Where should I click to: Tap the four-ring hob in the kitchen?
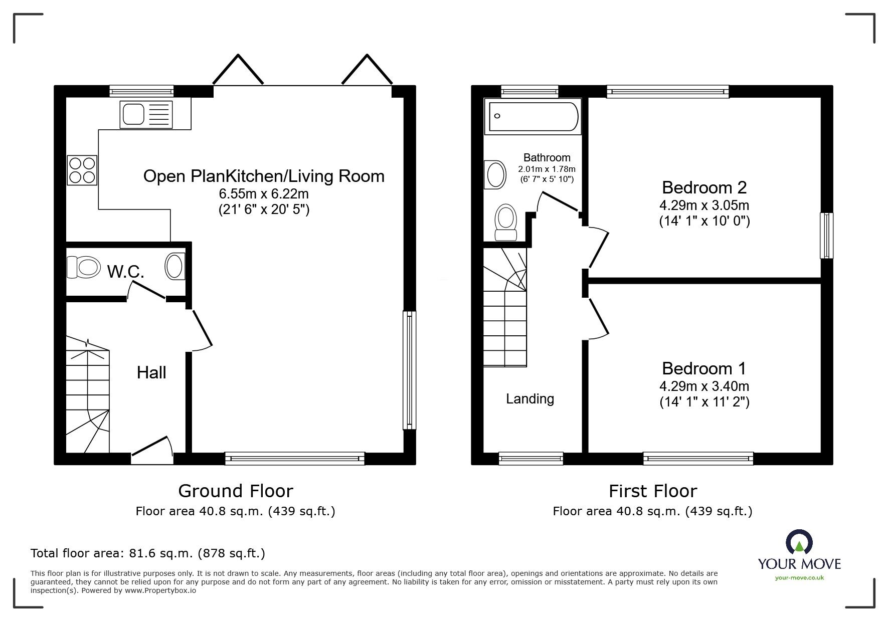pyautogui.click(x=82, y=170)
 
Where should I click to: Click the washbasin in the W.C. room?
pyautogui.click(x=175, y=266)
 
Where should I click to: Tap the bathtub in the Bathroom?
pyautogui.click(x=532, y=117)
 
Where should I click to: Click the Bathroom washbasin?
pyautogui.click(x=495, y=174)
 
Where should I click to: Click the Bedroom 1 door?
pyautogui.click(x=598, y=317)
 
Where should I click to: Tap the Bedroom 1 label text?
pyautogui.click(x=704, y=368)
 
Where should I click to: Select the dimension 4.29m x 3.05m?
pyautogui.click(x=704, y=205)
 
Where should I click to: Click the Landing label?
pyautogui.click(x=530, y=399)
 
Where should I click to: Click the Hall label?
pyautogui.click(x=151, y=372)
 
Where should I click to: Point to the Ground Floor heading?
pyautogui.click(x=236, y=491)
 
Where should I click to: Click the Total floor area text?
pyautogui.click(x=148, y=553)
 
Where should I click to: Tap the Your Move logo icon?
pyautogui.click(x=799, y=543)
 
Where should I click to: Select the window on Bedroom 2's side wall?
pyautogui.click(x=826, y=236)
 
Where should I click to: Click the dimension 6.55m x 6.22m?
pyautogui.click(x=264, y=193)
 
